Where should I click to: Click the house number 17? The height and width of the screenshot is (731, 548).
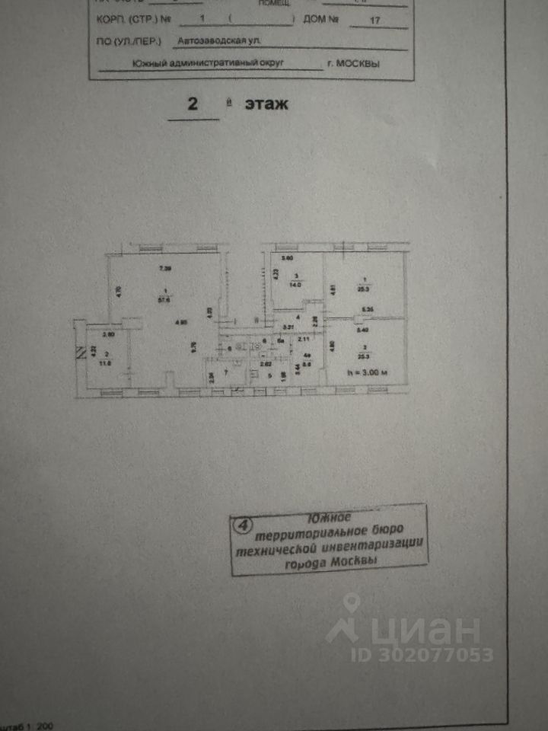[374, 21]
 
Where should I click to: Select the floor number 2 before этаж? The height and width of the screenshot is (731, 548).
[193, 105]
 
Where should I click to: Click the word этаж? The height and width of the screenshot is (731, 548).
[266, 104]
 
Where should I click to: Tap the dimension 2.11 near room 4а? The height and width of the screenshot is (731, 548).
[303, 339]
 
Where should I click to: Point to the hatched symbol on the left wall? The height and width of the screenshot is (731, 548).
[78, 353]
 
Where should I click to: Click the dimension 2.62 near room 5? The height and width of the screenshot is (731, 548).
[266, 365]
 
